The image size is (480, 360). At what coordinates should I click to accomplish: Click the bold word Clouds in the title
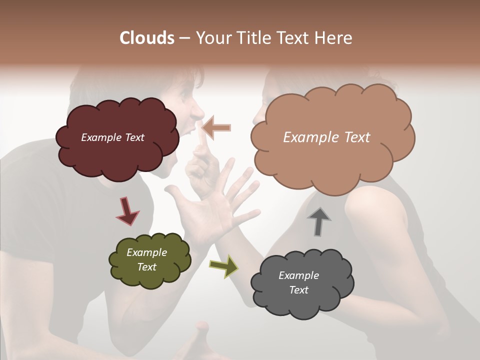click(x=146, y=38)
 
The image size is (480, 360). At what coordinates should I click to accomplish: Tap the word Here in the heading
click(x=333, y=38)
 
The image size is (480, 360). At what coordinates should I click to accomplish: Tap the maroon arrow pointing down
click(x=127, y=211)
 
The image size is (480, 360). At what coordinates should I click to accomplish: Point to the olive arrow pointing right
click(x=224, y=266)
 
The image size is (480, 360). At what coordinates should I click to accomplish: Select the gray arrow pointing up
click(x=318, y=220)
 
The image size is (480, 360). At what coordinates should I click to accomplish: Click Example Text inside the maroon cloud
click(x=112, y=137)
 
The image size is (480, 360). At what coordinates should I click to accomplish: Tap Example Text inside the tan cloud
click(x=326, y=137)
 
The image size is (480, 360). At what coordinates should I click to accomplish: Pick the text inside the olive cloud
click(x=146, y=259)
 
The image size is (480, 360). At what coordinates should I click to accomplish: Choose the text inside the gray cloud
click(x=298, y=282)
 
